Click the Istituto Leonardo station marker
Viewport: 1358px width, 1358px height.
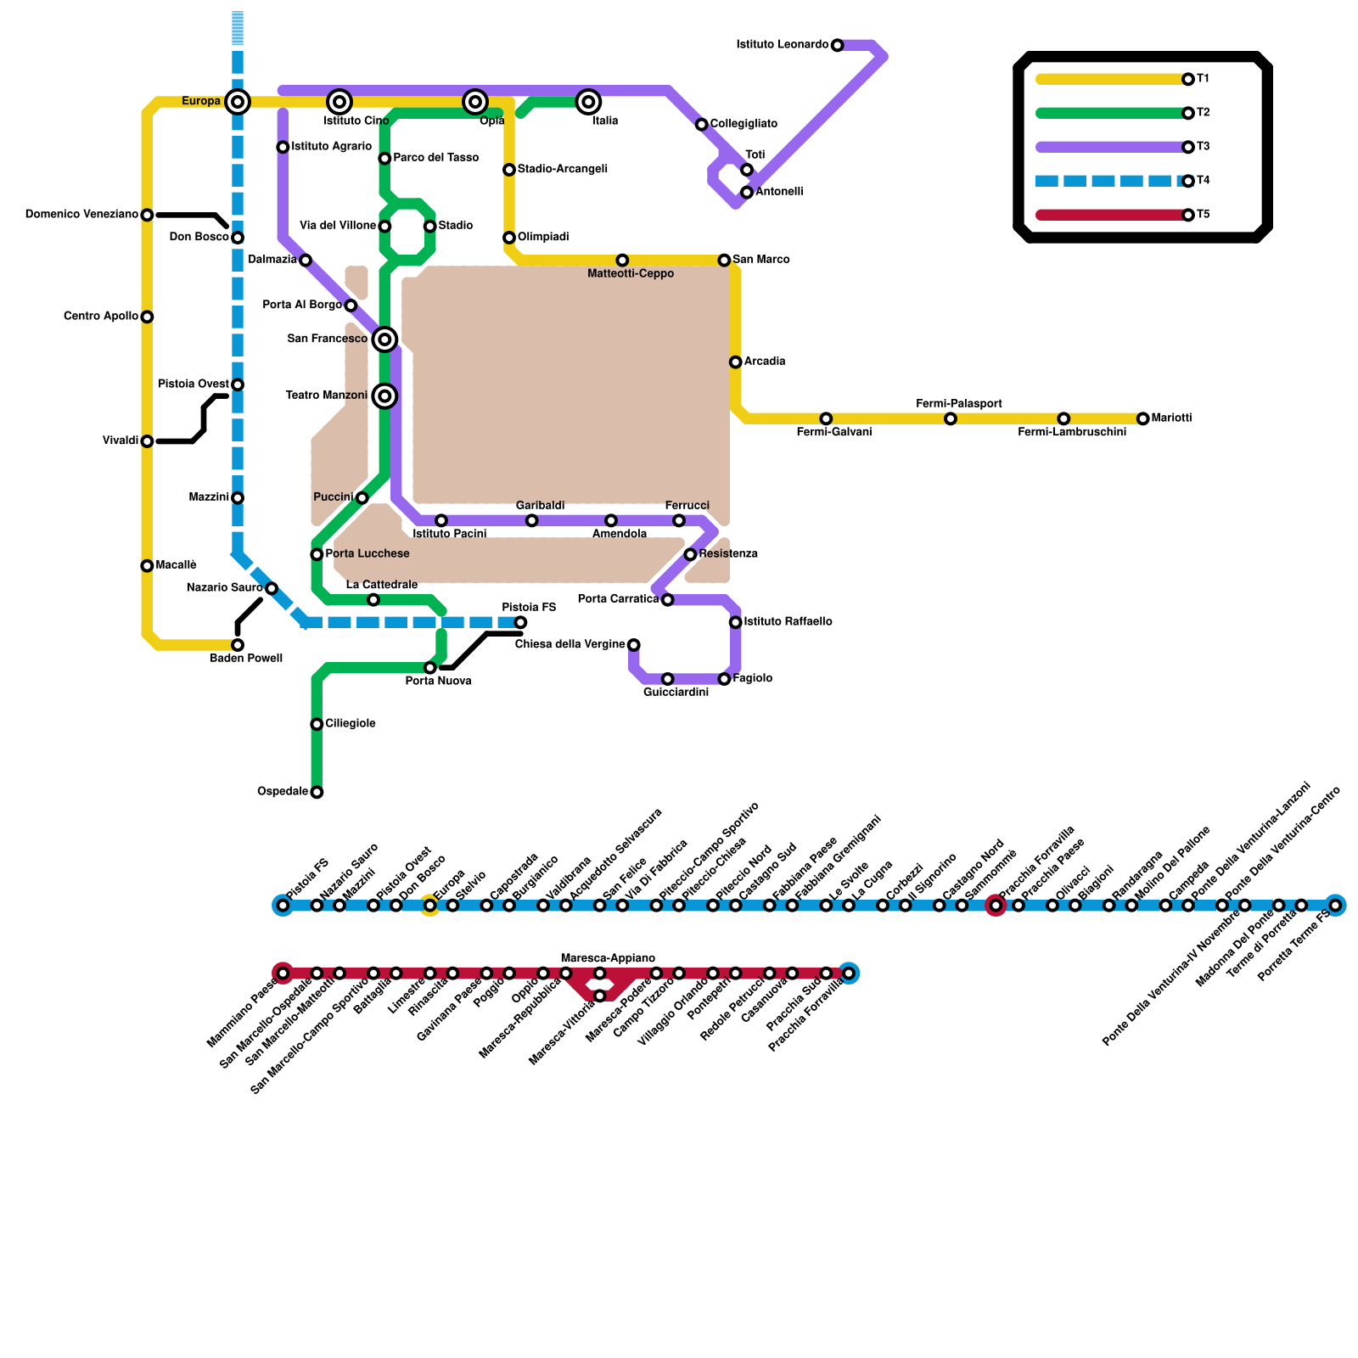tap(837, 45)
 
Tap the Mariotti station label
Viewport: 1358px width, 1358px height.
tap(1171, 418)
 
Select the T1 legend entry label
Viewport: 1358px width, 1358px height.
tap(1203, 79)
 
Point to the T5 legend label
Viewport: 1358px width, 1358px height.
tap(1203, 215)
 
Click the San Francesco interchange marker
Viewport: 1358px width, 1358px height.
tap(384, 339)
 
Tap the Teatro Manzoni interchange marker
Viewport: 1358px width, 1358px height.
tap(384, 396)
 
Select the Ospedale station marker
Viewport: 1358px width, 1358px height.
tap(317, 793)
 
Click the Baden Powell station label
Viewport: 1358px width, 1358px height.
tap(246, 659)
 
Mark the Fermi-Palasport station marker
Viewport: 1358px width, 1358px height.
tap(950, 418)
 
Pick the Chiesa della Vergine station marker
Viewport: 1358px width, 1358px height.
tap(633, 645)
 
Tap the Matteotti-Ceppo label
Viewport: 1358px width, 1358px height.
tap(631, 273)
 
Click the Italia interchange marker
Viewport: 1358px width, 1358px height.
tap(588, 102)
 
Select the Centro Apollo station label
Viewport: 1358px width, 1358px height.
tap(101, 317)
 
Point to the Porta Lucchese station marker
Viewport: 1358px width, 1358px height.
tap(317, 554)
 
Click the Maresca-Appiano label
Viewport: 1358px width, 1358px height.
tap(608, 958)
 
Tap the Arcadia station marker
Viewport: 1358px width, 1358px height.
tap(735, 362)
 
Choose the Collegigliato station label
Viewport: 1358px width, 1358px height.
tap(744, 124)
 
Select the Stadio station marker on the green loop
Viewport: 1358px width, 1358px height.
tap(429, 226)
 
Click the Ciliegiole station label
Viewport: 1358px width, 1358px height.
tap(351, 724)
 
